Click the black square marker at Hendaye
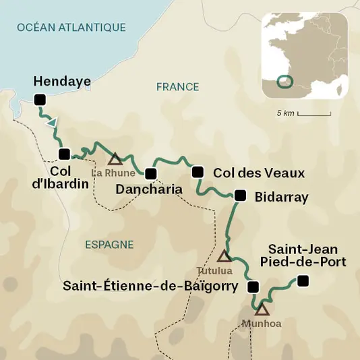click(x=40, y=100)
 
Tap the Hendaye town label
click(x=61, y=82)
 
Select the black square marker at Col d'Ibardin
click(x=65, y=153)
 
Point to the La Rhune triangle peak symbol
click(x=115, y=159)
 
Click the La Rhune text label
click(x=109, y=173)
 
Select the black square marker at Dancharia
click(x=151, y=174)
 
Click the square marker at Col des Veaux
click(x=198, y=172)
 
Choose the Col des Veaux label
click(x=258, y=173)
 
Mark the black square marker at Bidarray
click(x=240, y=196)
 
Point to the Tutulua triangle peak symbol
click(x=224, y=256)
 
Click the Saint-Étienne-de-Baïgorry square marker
click(x=253, y=287)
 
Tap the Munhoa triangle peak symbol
click(x=262, y=309)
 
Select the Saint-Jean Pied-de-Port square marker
click(x=303, y=280)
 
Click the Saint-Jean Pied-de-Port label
click(x=307, y=255)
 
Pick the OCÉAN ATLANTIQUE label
click(x=71, y=28)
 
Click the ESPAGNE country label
click(x=109, y=245)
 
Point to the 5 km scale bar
click(x=314, y=114)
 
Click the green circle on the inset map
click(x=286, y=82)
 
